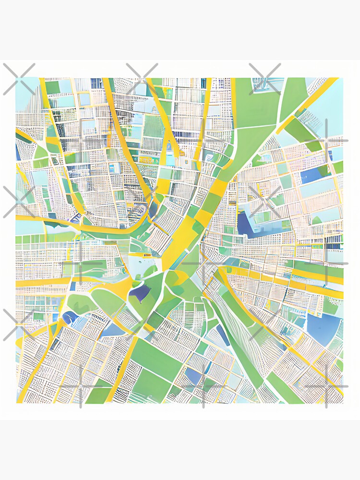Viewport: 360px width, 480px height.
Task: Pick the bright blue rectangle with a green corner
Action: click(314, 174)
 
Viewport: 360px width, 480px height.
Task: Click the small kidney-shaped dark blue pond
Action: click(70, 317)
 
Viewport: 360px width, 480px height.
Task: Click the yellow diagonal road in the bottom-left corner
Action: click(36, 365)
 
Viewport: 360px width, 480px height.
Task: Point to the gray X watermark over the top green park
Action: click(264, 79)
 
